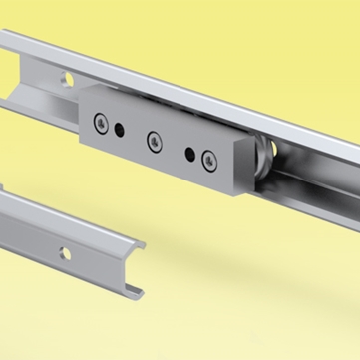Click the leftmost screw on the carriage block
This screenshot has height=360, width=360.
click(102, 122)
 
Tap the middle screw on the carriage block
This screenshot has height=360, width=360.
click(154, 139)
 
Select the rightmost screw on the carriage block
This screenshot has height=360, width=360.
click(207, 159)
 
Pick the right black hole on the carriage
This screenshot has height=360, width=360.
click(189, 153)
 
